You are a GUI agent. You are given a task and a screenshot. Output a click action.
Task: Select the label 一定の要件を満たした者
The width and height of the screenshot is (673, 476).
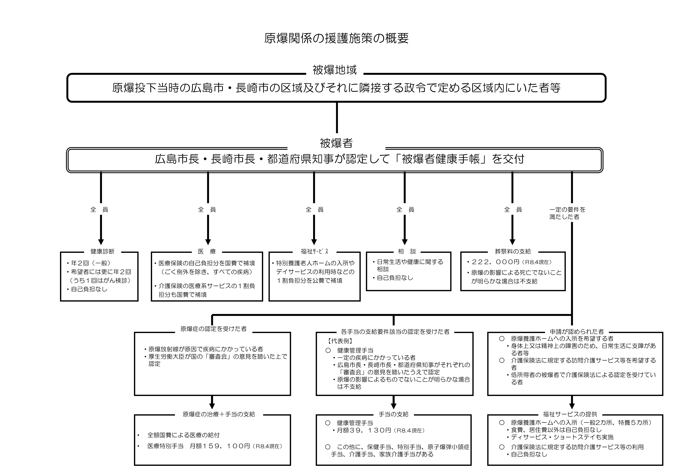click(567, 213)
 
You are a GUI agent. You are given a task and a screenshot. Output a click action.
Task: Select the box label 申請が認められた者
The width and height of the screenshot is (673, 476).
click(577, 332)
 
